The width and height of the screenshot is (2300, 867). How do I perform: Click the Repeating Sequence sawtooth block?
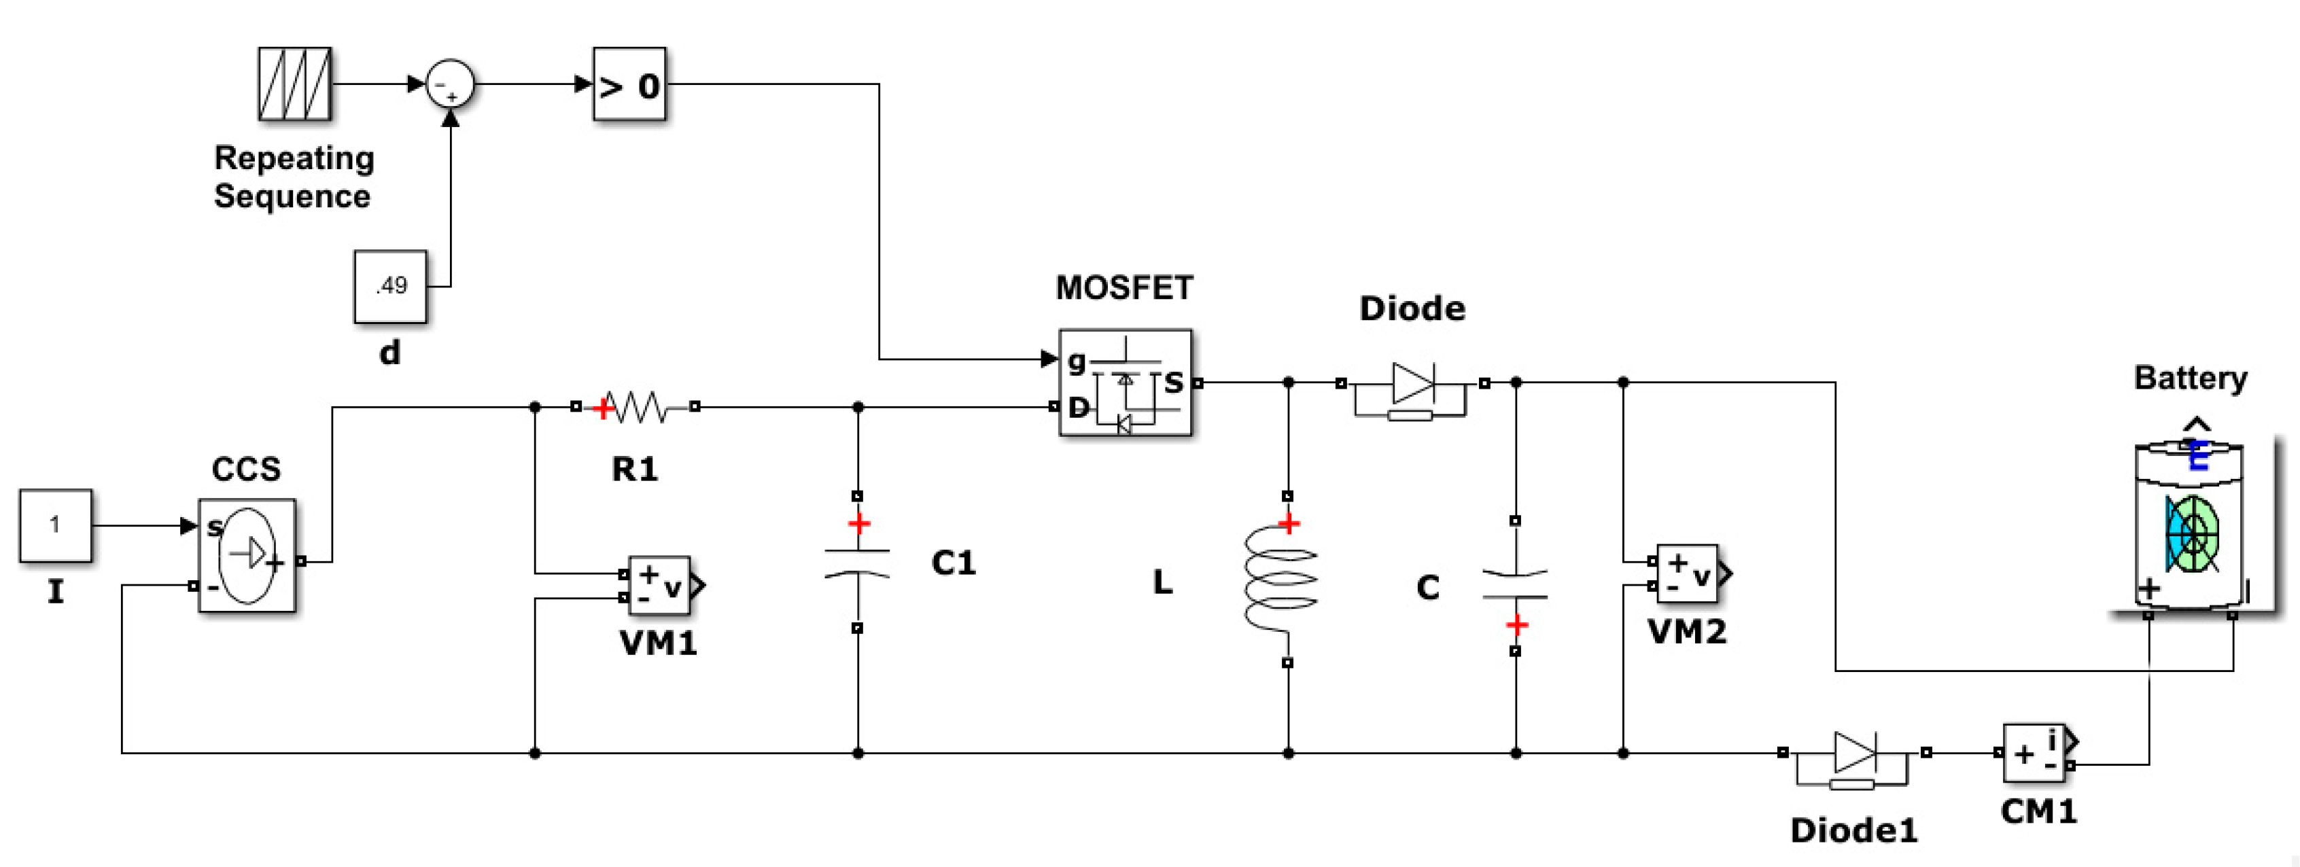tap(295, 84)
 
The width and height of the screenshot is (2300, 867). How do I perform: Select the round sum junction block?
tap(449, 85)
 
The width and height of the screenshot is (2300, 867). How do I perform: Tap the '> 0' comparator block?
tap(629, 85)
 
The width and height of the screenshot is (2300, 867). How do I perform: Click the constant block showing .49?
tap(390, 286)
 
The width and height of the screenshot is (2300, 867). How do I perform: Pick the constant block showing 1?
tap(55, 525)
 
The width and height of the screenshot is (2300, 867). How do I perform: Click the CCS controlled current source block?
tap(247, 555)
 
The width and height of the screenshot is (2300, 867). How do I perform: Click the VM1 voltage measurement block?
tap(659, 586)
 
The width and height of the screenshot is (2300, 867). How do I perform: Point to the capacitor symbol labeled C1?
tap(857, 563)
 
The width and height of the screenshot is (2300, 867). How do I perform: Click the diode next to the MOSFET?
tap(1412, 385)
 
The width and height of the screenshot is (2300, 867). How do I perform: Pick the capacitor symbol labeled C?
tap(1514, 585)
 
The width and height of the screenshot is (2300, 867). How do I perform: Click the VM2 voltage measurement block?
tap(1687, 574)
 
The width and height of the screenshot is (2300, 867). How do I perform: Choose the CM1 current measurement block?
tap(2035, 754)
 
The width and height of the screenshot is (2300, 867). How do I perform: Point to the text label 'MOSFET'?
tap(1124, 287)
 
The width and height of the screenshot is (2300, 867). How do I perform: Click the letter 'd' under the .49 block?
tap(389, 353)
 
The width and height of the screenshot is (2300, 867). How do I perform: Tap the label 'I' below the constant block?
tap(55, 592)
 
